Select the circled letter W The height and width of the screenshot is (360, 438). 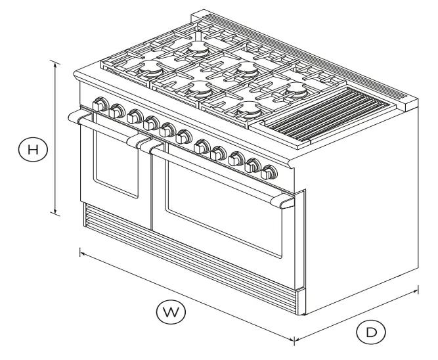(x=170, y=310)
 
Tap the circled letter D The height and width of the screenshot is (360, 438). (x=371, y=332)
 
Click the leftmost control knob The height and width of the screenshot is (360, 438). (x=101, y=104)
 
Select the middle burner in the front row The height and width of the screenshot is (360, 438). (x=198, y=87)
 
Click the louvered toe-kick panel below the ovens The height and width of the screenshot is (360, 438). (x=190, y=259)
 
